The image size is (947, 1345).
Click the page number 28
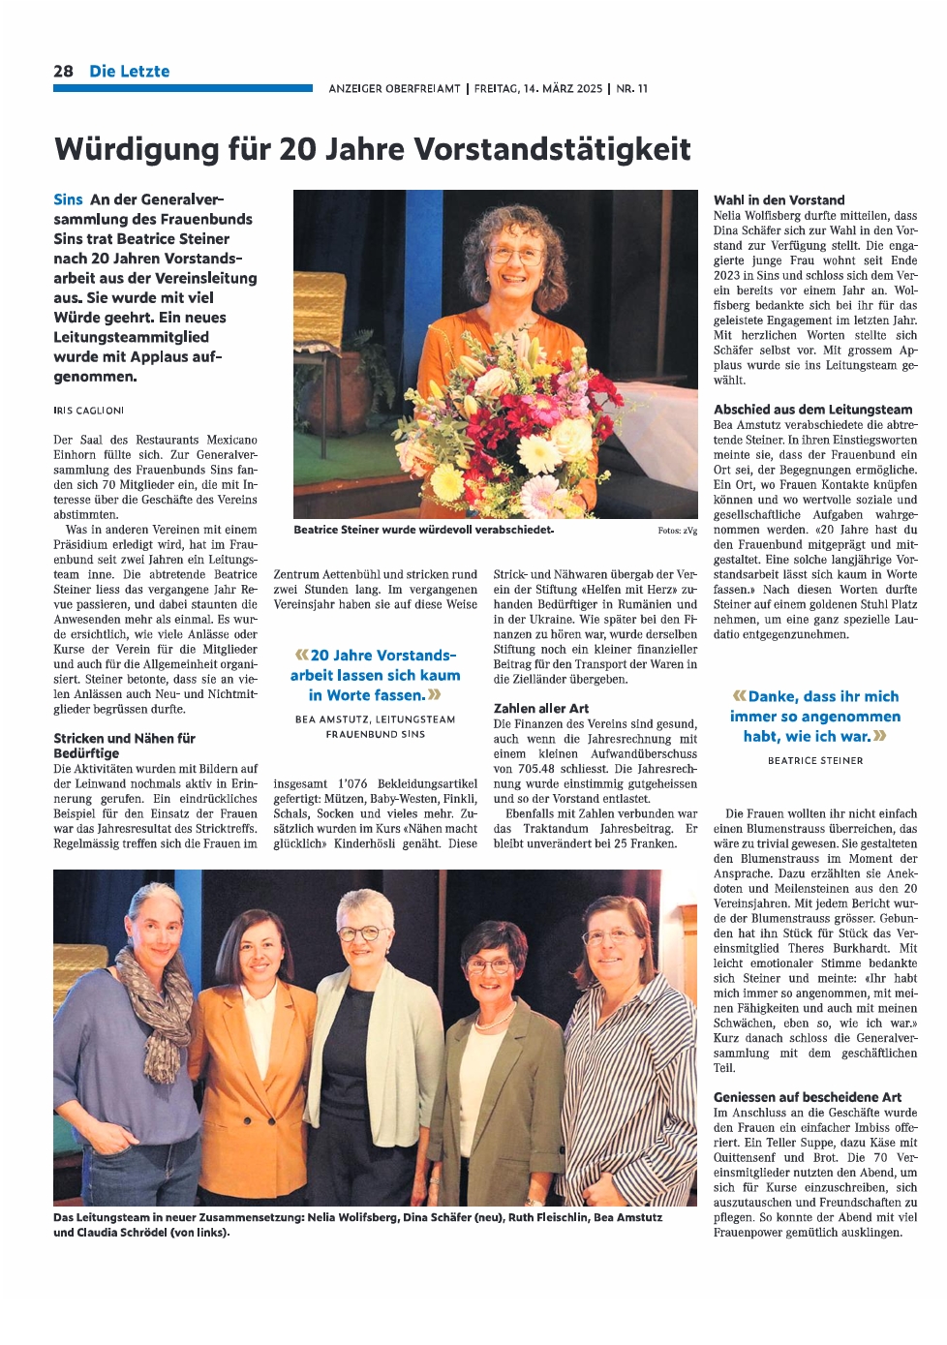(63, 71)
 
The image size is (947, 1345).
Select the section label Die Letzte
(129, 71)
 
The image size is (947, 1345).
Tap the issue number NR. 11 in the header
(631, 88)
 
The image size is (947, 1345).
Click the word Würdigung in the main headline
(137, 149)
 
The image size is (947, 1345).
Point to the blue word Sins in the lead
(68, 199)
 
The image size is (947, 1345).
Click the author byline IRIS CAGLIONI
(88, 411)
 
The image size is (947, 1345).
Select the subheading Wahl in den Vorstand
(779, 200)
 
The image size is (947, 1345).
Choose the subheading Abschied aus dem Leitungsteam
(812, 410)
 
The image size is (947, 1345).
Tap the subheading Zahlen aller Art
(540, 709)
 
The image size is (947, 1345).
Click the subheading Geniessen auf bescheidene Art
(807, 1097)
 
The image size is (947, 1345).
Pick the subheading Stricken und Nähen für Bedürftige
(124, 746)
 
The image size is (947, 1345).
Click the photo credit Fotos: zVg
(677, 531)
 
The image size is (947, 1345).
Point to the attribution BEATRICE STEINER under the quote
(814, 761)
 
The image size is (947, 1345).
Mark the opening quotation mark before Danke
(740, 696)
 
